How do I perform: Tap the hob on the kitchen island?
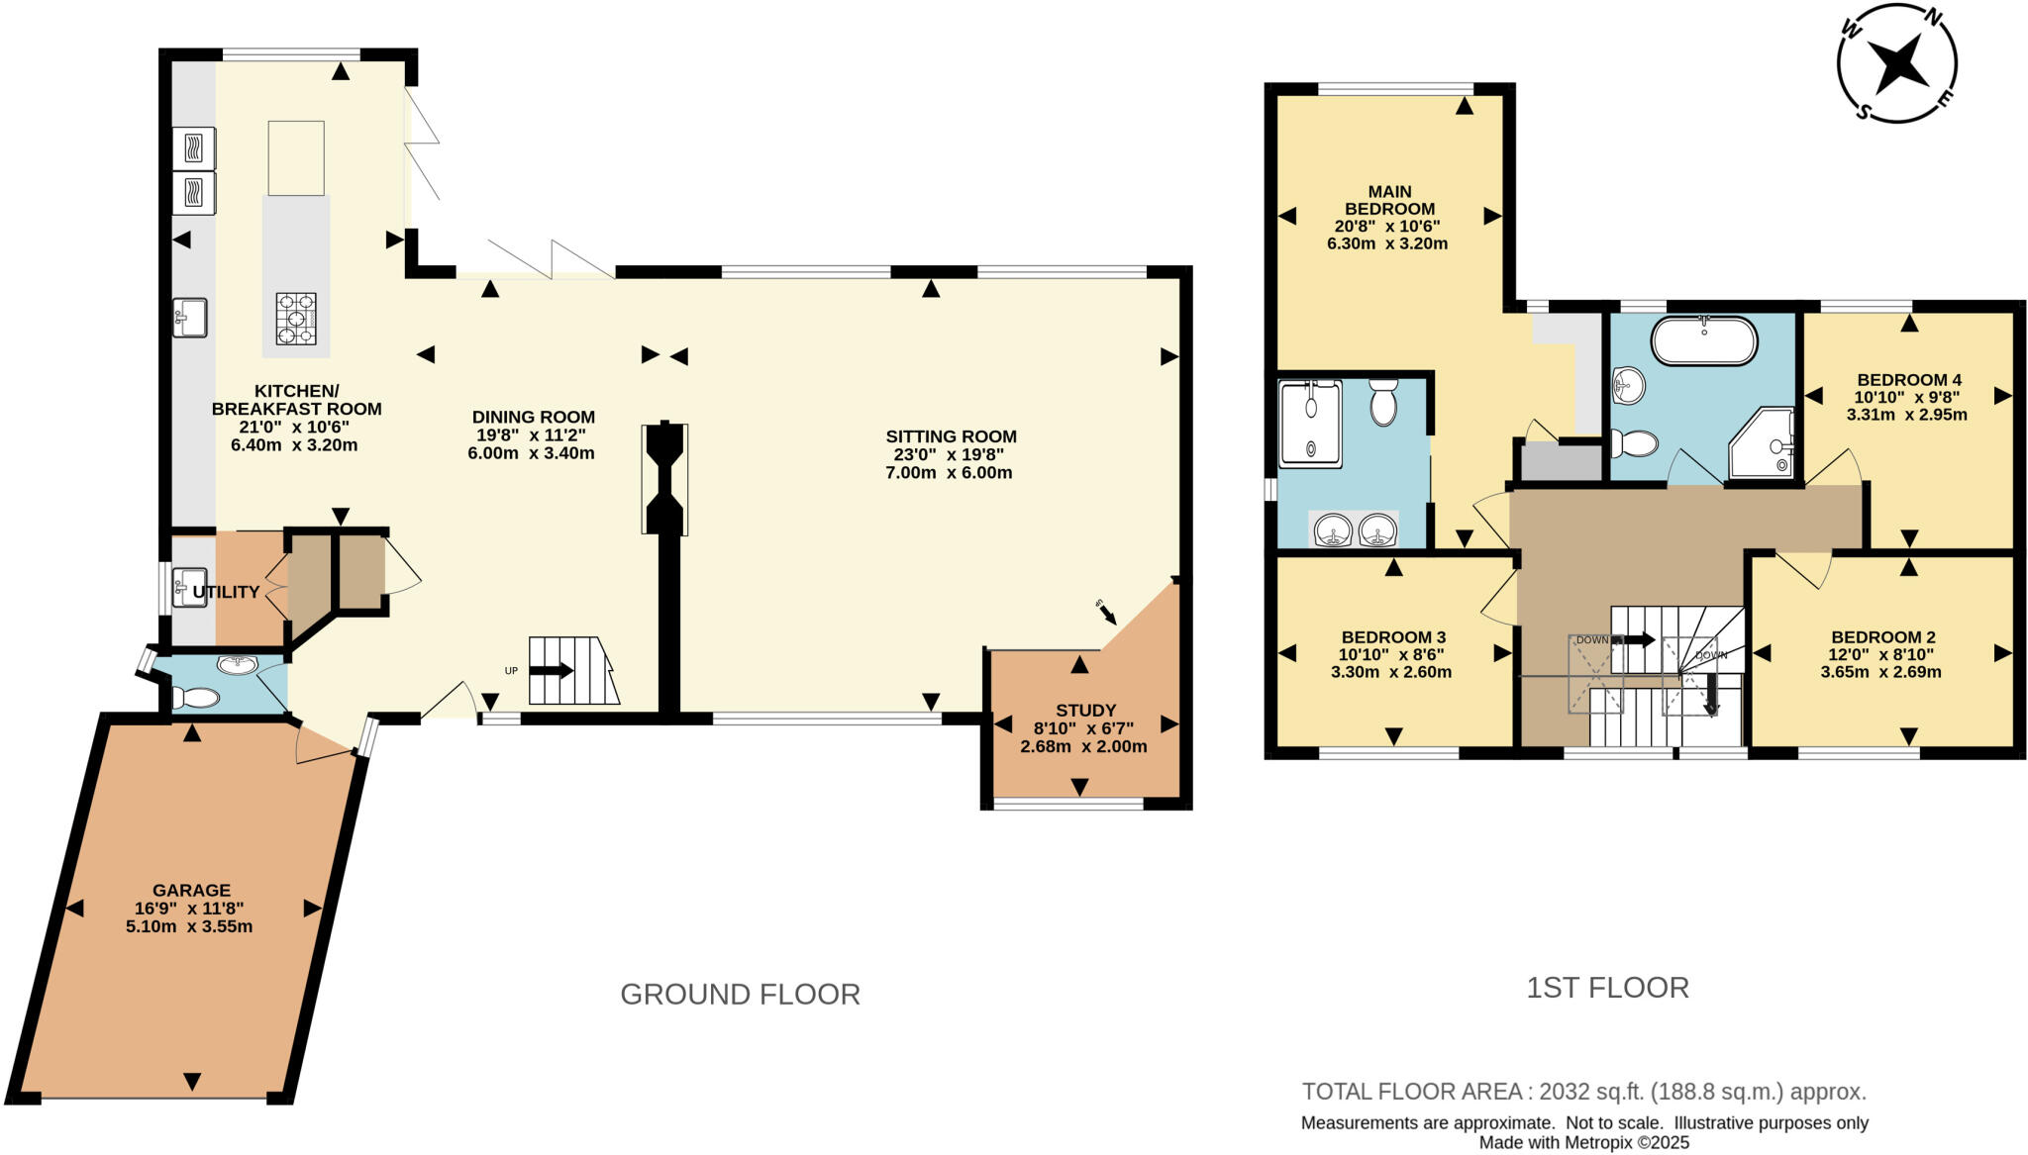[296, 319]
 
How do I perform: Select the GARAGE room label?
[191, 890]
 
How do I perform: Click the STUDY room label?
[1085, 710]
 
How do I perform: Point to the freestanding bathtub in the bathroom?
[1703, 341]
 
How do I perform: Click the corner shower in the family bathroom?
[1763, 442]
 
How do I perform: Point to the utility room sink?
[189, 586]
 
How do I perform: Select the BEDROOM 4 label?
[1908, 379]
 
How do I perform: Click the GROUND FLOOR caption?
[740, 994]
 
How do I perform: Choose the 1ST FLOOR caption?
[1607, 988]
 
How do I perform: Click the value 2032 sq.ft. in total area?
[1591, 1092]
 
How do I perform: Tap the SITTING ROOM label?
[951, 435]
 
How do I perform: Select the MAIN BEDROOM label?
[1389, 200]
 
